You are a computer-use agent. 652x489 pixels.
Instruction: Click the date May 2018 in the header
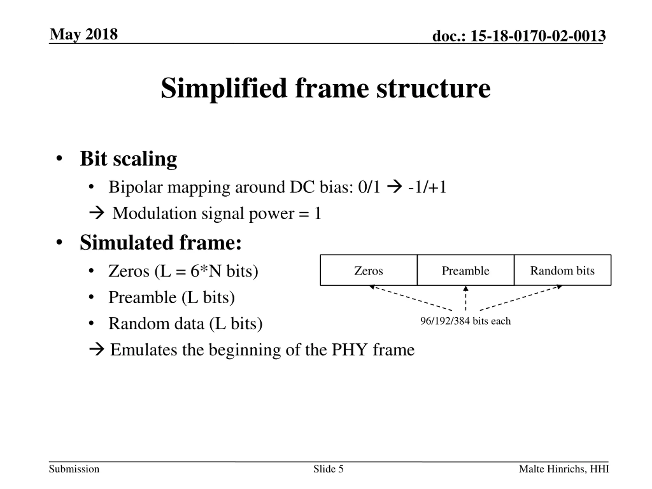click(84, 34)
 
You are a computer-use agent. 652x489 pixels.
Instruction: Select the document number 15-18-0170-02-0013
click(538, 36)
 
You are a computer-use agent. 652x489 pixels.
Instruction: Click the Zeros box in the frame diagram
click(369, 270)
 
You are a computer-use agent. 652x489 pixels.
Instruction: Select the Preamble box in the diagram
click(465, 270)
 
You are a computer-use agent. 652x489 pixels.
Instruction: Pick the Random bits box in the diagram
click(562, 270)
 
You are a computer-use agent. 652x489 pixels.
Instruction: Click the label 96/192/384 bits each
click(465, 321)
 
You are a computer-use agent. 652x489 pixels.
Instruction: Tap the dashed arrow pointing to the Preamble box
click(466, 298)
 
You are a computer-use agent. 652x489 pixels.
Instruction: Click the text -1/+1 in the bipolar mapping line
click(427, 187)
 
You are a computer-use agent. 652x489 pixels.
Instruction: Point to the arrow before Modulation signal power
click(97, 213)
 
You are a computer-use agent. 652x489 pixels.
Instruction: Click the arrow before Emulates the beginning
click(97, 350)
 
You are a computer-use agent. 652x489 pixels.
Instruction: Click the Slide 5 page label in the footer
click(328, 469)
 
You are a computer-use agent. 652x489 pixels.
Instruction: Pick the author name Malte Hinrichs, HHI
click(564, 469)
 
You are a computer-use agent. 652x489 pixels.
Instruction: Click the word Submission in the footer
click(74, 469)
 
